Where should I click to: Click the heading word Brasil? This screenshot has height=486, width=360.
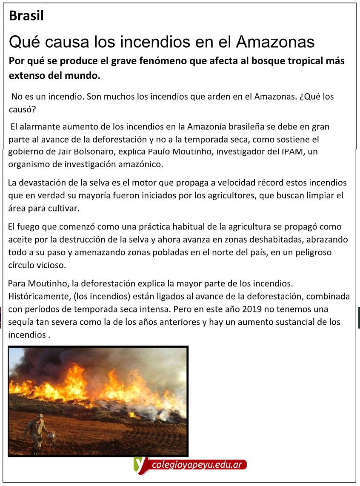[x=26, y=16]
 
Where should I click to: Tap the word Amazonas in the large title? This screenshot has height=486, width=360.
[x=275, y=42]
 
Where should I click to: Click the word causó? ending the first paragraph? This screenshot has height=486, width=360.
[x=23, y=109]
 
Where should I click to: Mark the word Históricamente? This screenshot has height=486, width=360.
[x=35, y=296]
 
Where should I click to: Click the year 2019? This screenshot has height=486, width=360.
[x=250, y=309]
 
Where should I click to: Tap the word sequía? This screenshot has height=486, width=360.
[x=21, y=322]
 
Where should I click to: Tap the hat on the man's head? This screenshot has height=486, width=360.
[x=40, y=415]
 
